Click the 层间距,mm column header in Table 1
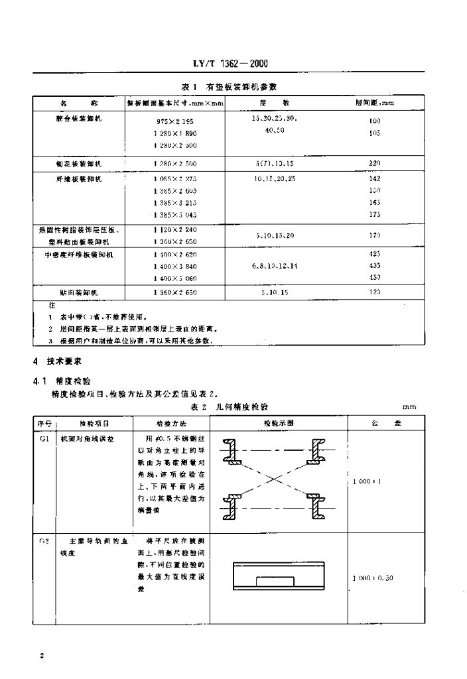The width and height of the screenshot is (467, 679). pos(375,103)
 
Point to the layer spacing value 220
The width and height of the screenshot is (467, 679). pos(374,163)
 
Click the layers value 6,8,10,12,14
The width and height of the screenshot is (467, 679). pos(275,265)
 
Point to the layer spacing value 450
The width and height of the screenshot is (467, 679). pos(374,277)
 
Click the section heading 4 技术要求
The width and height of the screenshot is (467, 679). pos(58,362)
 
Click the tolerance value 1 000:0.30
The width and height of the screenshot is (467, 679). pos(375,578)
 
